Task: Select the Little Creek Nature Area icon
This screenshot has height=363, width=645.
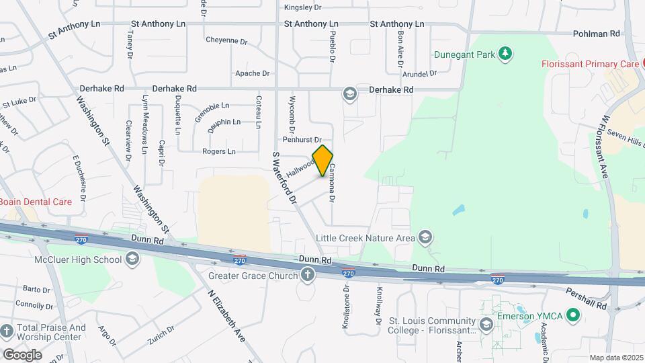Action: click(x=425, y=237)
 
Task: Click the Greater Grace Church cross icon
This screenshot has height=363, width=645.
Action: click(x=308, y=274)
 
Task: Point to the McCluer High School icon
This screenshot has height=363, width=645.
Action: click(x=132, y=259)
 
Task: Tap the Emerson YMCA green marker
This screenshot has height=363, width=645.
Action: click(x=572, y=314)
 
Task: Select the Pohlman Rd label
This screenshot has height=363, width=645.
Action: click(x=597, y=34)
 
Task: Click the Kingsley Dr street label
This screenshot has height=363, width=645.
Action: click(x=303, y=8)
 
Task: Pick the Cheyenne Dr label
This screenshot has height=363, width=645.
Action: click(x=226, y=40)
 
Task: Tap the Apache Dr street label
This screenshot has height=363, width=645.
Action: click(x=252, y=73)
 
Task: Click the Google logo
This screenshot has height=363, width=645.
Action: click(x=22, y=354)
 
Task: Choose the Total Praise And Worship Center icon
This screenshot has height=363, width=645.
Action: click(x=7, y=331)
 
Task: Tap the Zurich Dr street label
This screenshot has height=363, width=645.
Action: click(x=162, y=334)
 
